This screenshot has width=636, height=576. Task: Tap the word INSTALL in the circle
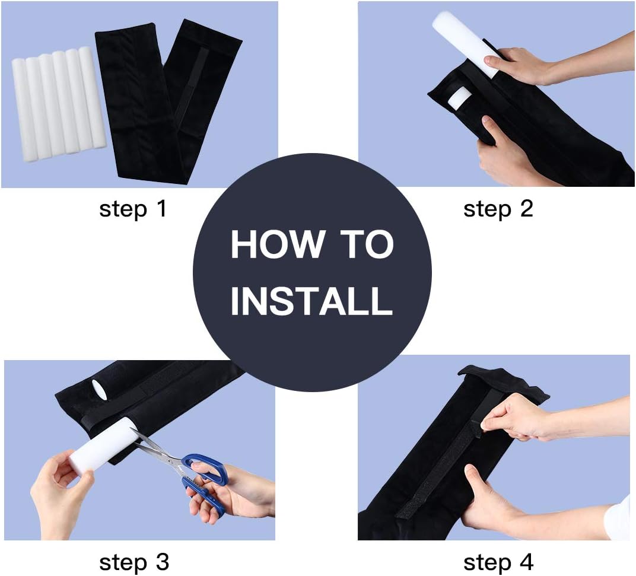[311, 301]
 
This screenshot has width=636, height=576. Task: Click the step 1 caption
[133, 209]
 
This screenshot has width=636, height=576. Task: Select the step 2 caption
[498, 209]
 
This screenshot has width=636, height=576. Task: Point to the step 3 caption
[134, 562]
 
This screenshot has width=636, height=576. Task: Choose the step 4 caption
[498, 562]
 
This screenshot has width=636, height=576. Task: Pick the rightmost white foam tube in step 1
[91, 97]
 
